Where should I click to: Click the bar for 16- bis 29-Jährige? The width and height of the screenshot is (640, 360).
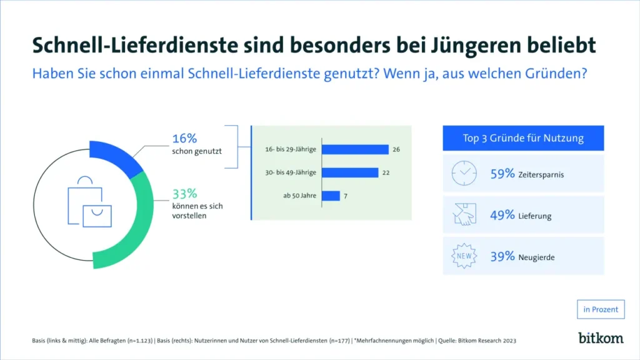[355, 149]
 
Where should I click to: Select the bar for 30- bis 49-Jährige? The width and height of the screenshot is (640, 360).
[349, 172]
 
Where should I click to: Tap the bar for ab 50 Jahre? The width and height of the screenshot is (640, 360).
[331, 196]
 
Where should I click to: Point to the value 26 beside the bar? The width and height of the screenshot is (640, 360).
[396, 149]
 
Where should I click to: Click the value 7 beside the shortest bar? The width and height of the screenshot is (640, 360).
[346, 196]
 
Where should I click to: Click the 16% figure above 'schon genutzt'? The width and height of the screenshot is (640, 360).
[184, 139]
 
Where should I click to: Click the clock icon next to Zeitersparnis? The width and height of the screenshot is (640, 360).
[464, 174]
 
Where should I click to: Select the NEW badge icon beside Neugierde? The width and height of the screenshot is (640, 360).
[464, 256]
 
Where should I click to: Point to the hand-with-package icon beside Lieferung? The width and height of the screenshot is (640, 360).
[464, 215]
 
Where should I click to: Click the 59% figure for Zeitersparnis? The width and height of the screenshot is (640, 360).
[502, 174]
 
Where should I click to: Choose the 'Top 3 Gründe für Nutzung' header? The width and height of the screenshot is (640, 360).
[524, 138]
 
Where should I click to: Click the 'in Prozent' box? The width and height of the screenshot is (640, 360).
[601, 309]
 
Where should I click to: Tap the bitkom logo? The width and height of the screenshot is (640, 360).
[601, 337]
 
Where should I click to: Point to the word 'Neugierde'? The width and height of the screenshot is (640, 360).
[537, 257]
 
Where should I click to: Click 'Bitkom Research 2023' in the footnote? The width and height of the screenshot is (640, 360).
[486, 341]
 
